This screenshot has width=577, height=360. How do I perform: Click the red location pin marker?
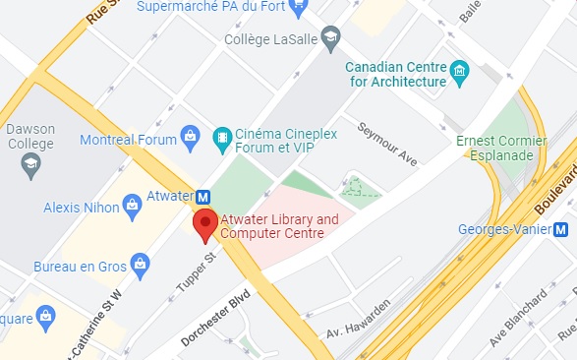click(205, 223)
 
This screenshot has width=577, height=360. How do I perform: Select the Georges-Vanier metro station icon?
click(561, 230)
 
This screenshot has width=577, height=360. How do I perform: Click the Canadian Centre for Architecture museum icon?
click(459, 73)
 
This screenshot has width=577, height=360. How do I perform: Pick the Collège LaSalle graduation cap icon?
click(330, 35)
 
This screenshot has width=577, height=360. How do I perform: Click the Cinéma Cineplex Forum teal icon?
click(222, 137)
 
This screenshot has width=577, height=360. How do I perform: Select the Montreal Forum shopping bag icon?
click(194, 136)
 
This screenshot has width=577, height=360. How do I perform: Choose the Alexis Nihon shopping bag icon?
click(130, 207)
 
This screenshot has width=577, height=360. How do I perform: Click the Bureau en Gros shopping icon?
click(142, 264)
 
